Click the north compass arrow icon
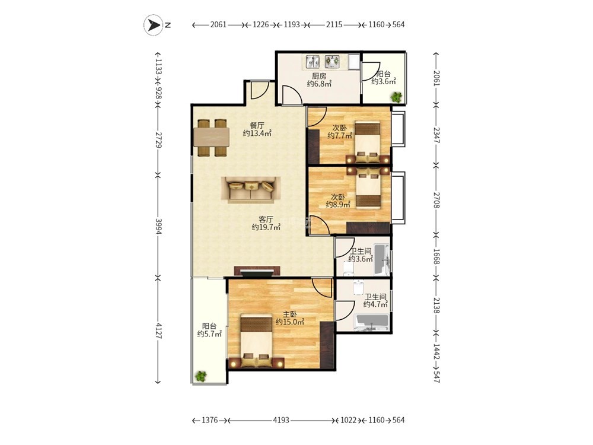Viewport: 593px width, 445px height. point(153,25)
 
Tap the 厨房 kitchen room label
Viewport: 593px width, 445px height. point(319,76)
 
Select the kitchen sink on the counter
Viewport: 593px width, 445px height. point(313,61)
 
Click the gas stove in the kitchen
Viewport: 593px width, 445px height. point(332,61)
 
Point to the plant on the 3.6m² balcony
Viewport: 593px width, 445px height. point(396,97)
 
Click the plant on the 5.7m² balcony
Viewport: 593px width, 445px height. point(201,376)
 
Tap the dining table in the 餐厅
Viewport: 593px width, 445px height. point(212,138)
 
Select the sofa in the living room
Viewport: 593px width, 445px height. point(251,190)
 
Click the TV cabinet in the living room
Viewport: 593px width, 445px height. point(257,271)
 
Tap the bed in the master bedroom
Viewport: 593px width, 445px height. point(257,340)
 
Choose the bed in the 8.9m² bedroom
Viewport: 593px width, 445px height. point(368,187)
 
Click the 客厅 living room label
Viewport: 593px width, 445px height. point(266,219)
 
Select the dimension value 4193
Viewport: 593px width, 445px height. point(281,420)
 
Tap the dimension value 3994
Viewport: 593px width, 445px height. point(159,226)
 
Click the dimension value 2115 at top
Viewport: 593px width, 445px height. point(334,24)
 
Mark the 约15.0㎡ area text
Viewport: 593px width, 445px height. point(290,322)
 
